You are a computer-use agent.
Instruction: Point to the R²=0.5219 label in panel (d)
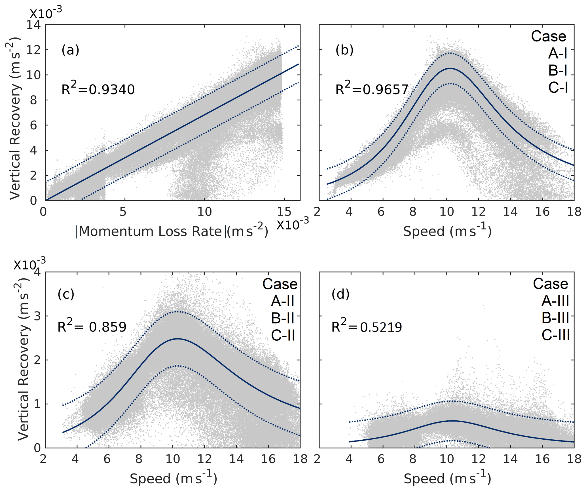[x=367, y=327]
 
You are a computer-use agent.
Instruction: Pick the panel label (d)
[x=340, y=294]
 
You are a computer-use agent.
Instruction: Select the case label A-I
[x=558, y=53]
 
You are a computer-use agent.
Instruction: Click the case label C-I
[x=558, y=88]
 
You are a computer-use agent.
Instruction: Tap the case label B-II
[x=283, y=318]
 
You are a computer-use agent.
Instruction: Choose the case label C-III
[x=556, y=335]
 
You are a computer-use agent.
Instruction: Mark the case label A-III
[x=555, y=301]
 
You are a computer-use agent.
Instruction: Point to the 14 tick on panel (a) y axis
[x=33, y=25]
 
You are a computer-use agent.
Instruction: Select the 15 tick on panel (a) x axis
[x=284, y=212]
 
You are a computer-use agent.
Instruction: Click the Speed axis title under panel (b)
[x=447, y=231]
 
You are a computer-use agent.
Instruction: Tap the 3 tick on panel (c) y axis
[x=37, y=316]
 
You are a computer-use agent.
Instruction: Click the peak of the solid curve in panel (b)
[x=450, y=68]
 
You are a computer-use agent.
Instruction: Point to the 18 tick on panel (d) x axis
[x=574, y=459]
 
